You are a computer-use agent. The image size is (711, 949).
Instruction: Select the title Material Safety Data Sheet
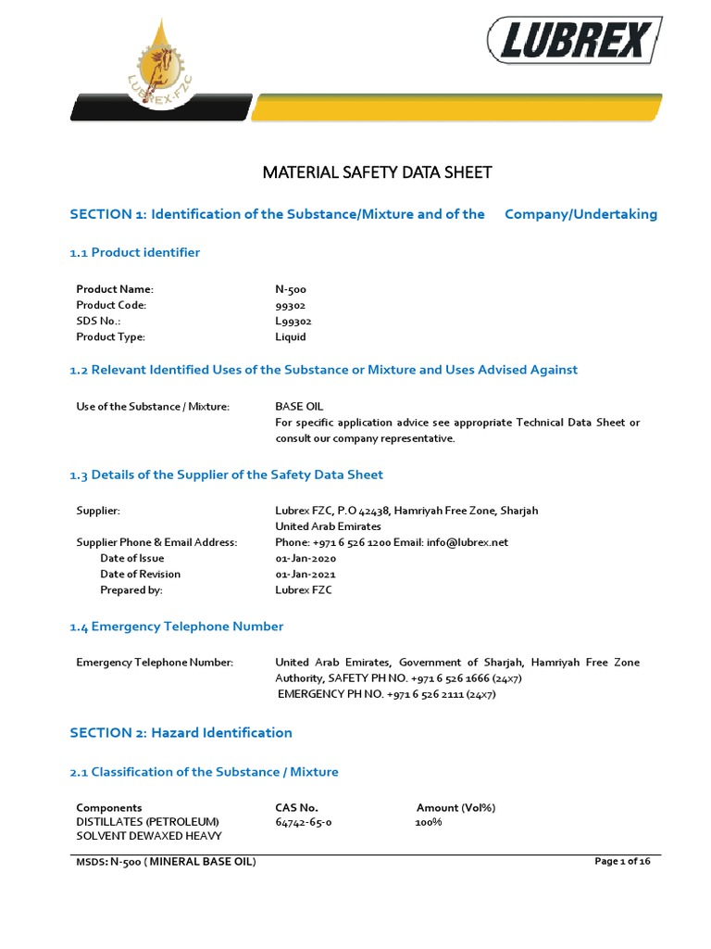point(378,172)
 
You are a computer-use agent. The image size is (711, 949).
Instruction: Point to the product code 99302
point(291,305)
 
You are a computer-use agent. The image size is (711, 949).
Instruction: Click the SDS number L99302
point(293,321)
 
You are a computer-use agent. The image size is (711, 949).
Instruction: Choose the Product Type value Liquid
point(291,337)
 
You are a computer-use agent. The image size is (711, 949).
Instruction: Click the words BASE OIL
point(299,406)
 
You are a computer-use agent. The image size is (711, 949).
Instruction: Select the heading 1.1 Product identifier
point(135,252)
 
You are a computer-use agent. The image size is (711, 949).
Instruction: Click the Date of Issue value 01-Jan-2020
point(306,558)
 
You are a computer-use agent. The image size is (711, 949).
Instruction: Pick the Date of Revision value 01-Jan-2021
point(306,574)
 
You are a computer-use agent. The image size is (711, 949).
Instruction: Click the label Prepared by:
point(131,589)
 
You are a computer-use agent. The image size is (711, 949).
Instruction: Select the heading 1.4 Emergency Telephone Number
point(177,626)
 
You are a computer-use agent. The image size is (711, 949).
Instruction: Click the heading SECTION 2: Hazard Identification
point(181,732)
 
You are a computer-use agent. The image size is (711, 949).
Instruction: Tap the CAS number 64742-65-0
point(304,822)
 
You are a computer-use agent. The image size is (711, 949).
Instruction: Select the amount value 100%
point(429,822)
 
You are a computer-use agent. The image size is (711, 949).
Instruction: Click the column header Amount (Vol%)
point(455,807)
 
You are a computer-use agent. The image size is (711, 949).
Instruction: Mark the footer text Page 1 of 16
point(622,862)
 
